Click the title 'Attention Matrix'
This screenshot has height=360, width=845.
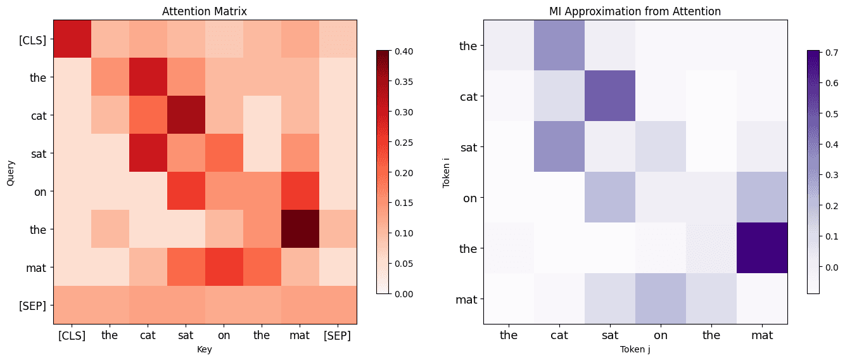coord(205,11)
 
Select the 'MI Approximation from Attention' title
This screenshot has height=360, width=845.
coord(635,11)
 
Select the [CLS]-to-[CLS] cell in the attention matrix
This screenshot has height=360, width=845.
coord(72,39)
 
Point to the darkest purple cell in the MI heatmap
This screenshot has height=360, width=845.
coord(762,248)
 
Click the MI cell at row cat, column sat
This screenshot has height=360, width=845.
coord(610,96)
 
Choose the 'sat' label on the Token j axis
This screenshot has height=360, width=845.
coord(610,335)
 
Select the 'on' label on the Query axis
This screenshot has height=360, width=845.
coord(40,191)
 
